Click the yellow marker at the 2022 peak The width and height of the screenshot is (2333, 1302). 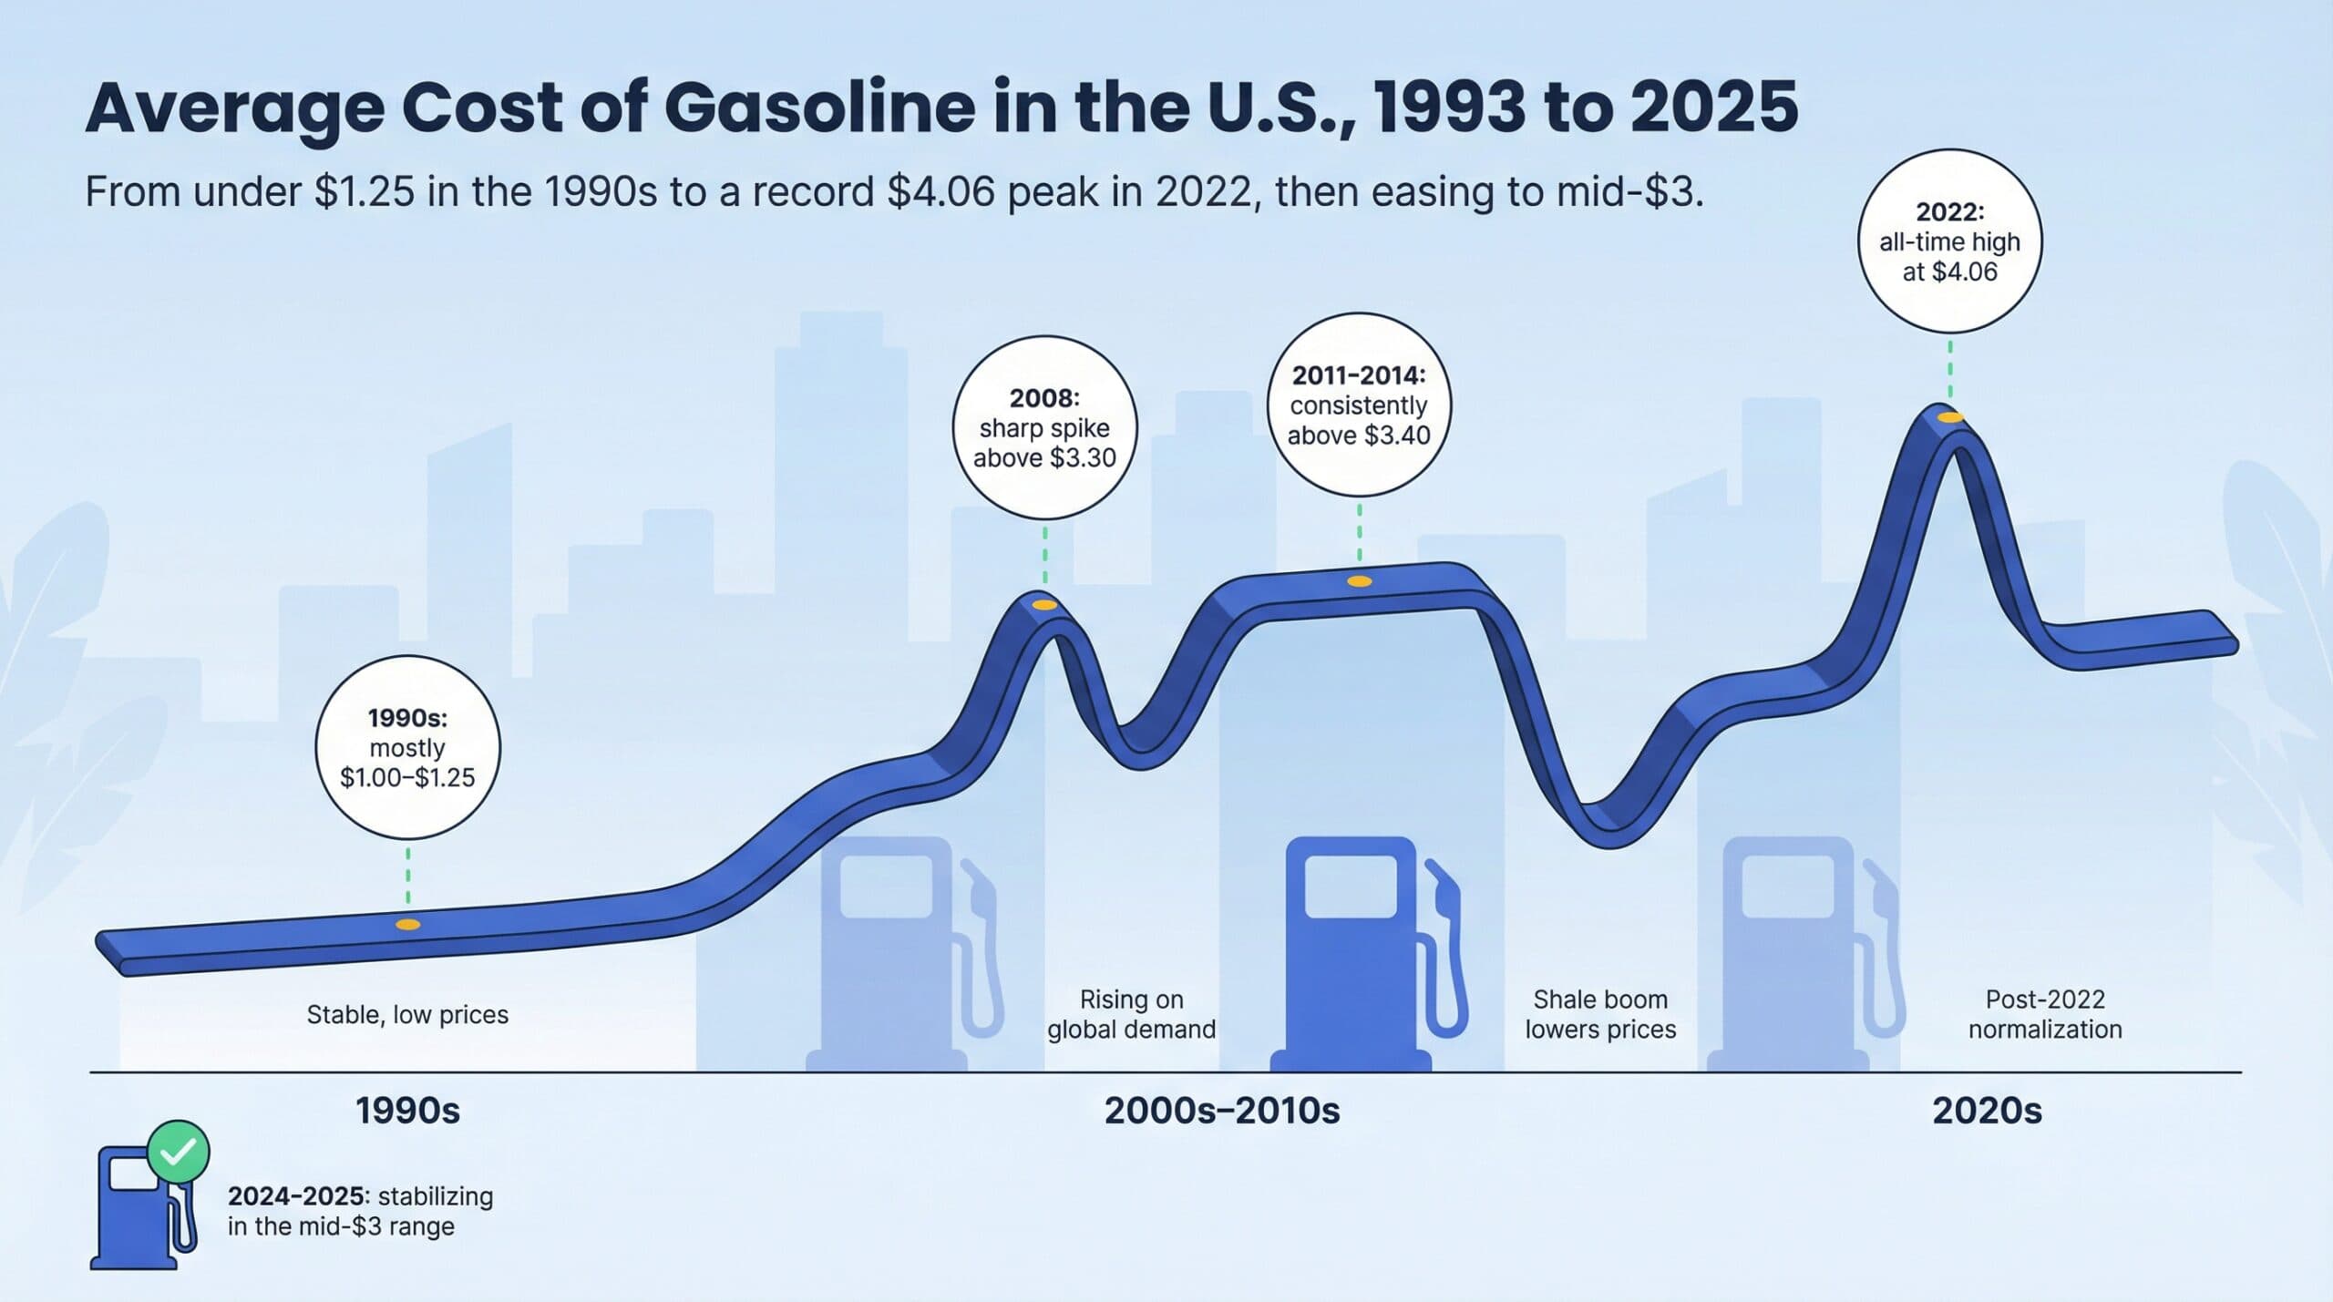coord(1949,417)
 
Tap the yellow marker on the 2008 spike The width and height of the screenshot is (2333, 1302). coord(1044,604)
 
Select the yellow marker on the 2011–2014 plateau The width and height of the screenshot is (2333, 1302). coord(1359,581)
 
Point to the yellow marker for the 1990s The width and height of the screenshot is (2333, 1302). coord(407,925)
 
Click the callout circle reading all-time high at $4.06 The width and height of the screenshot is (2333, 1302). coord(1949,241)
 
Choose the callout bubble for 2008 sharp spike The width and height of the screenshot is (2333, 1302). coord(1044,428)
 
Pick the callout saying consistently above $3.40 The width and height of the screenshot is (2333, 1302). coord(1359,405)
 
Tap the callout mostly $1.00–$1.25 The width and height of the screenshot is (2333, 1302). coord(407,748)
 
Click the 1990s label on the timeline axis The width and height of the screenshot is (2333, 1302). coord(407,1111)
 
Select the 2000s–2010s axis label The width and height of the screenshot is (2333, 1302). coord(1221,1111)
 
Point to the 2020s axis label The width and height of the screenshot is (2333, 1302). coord(1987,1111)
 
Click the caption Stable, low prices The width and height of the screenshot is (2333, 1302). coord(407,1015)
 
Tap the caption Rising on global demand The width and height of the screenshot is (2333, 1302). coord(1131,1014)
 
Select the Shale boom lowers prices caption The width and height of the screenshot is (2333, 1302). coord(1600,1014)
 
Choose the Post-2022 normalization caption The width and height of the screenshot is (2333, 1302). coord(2045,1014)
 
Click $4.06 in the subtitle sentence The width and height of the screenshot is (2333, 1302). coord(940,192)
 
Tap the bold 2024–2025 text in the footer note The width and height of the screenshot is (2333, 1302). coord(299,1196)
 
